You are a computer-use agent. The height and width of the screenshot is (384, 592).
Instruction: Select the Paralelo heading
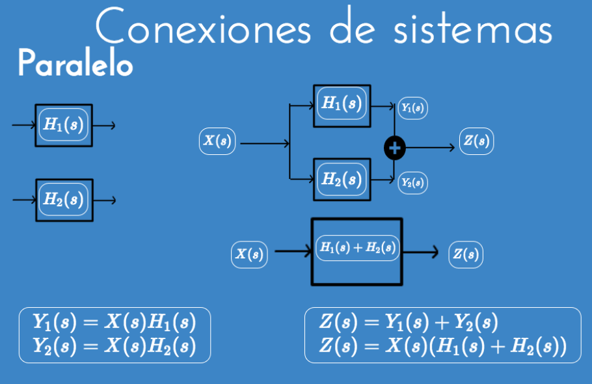pos(75,64)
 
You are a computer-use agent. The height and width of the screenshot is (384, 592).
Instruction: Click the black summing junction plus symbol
pos(394,148)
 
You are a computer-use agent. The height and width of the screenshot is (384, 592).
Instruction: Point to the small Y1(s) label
pos(412,108)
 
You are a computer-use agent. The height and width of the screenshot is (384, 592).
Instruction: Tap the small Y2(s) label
pos(412,183)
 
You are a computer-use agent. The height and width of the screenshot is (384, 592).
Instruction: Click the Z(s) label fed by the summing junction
pos(476,141)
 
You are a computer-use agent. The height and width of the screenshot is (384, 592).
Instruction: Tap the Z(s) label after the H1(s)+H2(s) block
pos(466,254)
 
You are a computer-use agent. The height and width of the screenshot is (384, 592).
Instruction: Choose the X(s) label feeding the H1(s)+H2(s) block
pos(249,254)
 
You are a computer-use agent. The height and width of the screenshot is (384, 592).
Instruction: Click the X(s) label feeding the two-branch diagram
pos(217,141)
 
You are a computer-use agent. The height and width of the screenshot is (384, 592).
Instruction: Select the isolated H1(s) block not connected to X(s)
pos(64,125)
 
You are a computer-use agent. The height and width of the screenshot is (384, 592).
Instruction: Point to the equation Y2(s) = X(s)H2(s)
pos(114,346)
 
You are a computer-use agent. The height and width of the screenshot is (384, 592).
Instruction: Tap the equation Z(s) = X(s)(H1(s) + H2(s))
pos(442,346)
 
